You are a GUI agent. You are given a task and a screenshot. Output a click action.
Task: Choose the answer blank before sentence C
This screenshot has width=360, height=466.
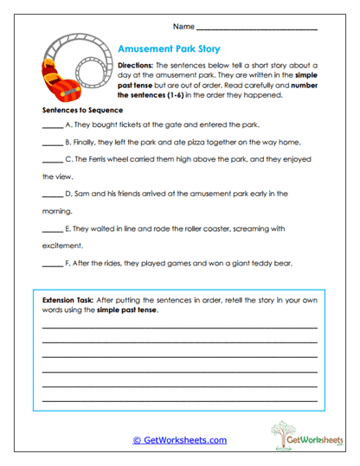click(x=52, y=160)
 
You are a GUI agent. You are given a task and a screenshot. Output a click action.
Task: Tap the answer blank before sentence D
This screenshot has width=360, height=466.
click(x=52, y=194)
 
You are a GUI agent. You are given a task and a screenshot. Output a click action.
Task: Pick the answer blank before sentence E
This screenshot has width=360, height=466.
click(x=52, y=228)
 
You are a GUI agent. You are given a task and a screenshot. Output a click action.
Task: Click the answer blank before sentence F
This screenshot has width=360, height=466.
click(x=52, y=262)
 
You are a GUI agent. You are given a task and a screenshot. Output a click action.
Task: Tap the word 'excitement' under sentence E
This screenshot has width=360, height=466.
click(x=65, y=245)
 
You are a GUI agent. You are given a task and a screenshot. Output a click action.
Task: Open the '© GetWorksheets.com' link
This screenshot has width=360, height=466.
click(x=179, y=440)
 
